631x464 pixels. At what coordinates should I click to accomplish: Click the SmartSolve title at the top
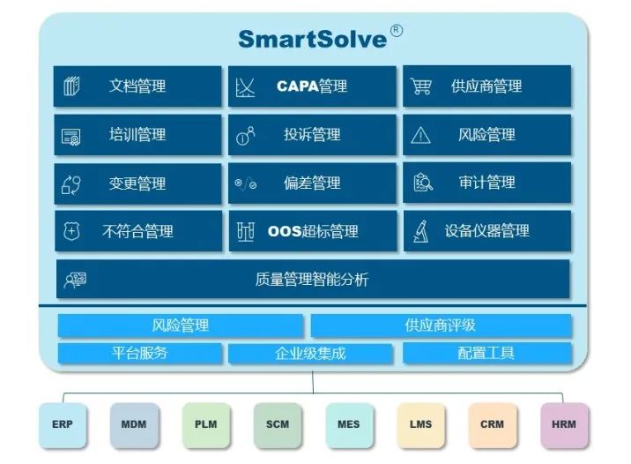coord(314,39)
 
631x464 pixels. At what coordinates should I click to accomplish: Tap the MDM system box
coord(134,424)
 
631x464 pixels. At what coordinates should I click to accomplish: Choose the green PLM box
coord(205,424)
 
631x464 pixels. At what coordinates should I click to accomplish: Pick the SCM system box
coord(277,424)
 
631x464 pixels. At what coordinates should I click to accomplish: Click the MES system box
coord(348,424)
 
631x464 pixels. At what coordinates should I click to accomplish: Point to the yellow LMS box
coord(420,424)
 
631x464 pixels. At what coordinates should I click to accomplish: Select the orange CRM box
coord(492,424)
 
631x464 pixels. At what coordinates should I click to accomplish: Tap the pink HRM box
coord(563,424)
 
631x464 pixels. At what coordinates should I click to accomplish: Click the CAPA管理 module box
coord(312,86)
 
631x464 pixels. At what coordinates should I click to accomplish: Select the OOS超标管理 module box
coord(312,231)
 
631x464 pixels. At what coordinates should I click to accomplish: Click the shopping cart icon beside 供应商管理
coord(421,86)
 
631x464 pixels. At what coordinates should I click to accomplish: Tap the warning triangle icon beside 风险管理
coord(421,135)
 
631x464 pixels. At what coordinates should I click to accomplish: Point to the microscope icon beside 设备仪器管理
coord(421,231)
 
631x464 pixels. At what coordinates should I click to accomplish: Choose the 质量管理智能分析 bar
coord(312,280)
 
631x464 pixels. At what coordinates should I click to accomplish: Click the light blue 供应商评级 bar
coord(441,326)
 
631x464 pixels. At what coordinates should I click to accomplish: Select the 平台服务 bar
coord(139,354)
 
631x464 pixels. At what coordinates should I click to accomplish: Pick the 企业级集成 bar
coord(311,354)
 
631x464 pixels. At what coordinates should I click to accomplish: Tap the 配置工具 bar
coord(486,354)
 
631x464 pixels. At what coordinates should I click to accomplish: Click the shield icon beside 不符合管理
coord(71,231)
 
